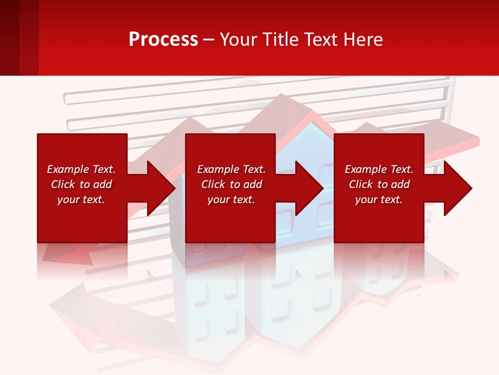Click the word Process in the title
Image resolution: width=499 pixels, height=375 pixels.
163,40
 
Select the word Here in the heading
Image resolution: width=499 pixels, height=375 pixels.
362,40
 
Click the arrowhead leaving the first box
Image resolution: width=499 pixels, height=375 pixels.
161,188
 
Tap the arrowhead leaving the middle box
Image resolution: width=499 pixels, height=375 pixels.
309,188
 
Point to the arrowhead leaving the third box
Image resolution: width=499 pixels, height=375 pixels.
457,188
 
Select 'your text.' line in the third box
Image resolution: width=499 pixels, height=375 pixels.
378,199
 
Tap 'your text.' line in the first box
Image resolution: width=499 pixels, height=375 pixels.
81,199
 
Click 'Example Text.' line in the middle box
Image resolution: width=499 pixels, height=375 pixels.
231,169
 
